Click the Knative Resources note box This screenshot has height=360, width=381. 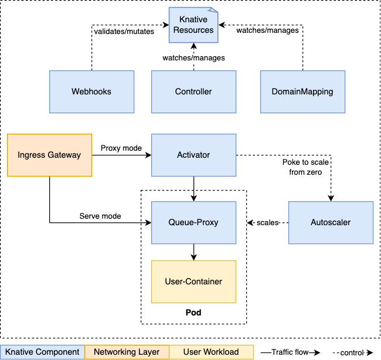pyautogui.click(x=193, y=25)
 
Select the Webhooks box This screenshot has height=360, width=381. pyautogui.click(x=91, y=91)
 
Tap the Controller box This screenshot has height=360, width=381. pyautogui.click(x=193, y=91)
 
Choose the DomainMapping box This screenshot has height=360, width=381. pyautogui.click(x=302, y=91)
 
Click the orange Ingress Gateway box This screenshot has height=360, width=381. pyautogui.click(x=49, y=155)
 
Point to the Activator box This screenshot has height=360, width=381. pyautogui.click(x=193, y=155)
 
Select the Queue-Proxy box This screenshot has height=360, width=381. pyautogui.click(x=193, y=223)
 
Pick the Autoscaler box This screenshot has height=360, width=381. pyautogui.click(x=331, y=223)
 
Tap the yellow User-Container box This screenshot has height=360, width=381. pyautogui.click(x=193, y=282)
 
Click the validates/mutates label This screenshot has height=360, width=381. pyautogui.click(x=124, y=32)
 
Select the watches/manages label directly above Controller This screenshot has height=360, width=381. pyautogui.click(x=193, y=58)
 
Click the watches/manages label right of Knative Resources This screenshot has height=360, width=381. pyautogui.click(x=267, y=30)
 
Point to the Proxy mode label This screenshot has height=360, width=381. pyautogui.click(x=121, y=148)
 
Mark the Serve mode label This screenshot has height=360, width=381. pyautogui.click(x=100, y=216)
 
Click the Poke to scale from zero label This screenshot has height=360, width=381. pyautogui.click(x=305, y=167)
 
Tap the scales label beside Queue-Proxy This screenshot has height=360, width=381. pyautogui.click(x=267, y=223)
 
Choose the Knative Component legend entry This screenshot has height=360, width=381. pyautogui.click(x=42, y=352)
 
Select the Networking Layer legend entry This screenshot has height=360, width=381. pyautogui.click(x=127, y=352)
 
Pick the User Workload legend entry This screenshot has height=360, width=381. pyautogui.click(x=211, y=352)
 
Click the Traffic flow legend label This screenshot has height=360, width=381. pyautogui.click(x=290, y=352)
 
